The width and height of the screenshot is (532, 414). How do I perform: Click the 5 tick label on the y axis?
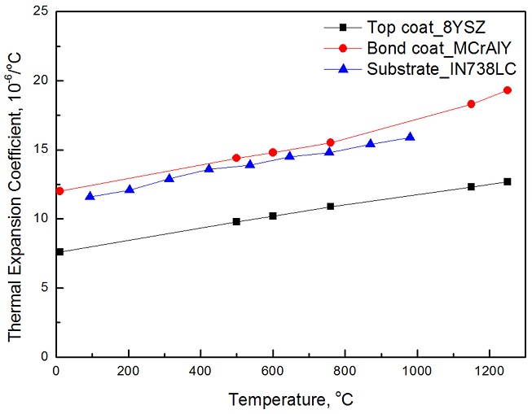click(x=46, y=287)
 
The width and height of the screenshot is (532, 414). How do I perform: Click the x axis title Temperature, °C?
click(x=289, y=399)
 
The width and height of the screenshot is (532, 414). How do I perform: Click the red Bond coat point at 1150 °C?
click(x=471, y=104)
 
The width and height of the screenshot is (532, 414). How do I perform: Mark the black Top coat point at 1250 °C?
click(x=507, y=181)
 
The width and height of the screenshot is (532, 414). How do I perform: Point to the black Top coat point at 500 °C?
click(x=236, y=221)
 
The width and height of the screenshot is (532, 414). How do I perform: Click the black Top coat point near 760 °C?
click(x=330, y=207)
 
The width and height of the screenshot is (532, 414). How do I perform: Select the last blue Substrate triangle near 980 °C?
click(x=410, y=137)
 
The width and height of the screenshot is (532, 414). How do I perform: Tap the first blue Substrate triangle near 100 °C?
click(x=90, y=196)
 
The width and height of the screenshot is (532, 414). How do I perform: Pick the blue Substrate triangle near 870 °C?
click(x=371, y=143)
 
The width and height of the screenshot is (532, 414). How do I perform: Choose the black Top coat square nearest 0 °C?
click(x=59, y=252)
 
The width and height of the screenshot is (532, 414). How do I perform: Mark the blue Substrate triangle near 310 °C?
click(x=169, y=178)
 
